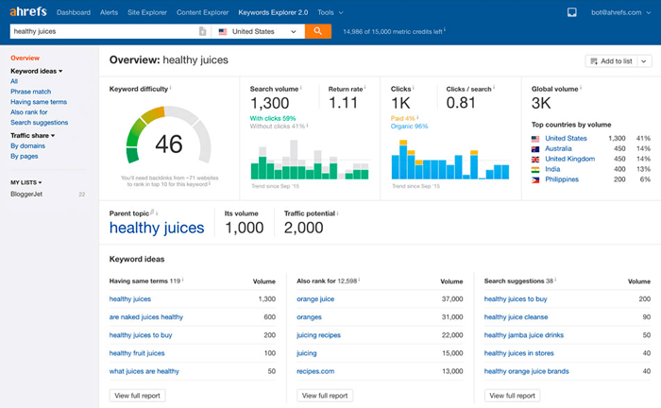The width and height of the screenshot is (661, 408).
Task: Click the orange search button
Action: (318, 31)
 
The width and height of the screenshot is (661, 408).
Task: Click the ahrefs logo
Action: (27, 12)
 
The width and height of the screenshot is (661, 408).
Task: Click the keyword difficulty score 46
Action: (169, 144)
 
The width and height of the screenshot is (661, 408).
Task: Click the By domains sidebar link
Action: (27, 145)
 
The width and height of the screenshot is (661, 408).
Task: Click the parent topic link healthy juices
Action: (157, 228)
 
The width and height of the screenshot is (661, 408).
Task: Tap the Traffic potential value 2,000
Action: (304, 228)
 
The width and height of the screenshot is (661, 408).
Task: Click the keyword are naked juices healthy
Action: (146, 316)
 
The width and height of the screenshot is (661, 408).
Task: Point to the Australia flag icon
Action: (536, 148)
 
